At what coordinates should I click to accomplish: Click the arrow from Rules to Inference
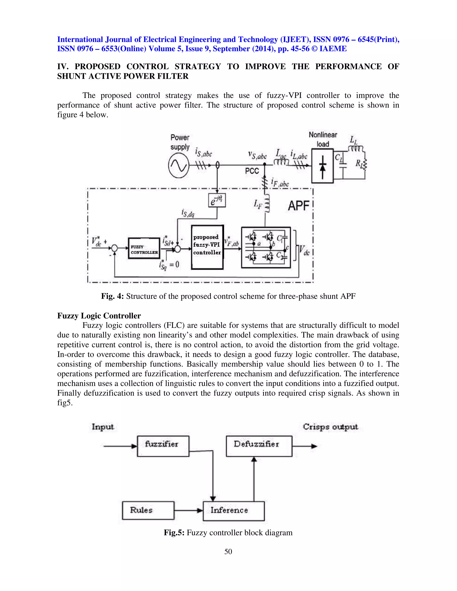tap(188, 510)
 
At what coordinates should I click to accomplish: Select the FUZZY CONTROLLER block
tap(144, 248)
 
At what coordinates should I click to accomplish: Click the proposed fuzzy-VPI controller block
tap(207, 247)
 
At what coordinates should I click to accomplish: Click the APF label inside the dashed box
tap(298, 206)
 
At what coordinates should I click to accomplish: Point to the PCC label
tap(252, 171)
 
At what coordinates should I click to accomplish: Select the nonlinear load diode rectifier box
tap(322, 166)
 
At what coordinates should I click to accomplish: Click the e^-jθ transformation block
tap(217, 200)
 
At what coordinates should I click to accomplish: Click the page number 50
tap(228, 551)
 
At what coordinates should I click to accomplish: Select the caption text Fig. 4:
tap(112, 296)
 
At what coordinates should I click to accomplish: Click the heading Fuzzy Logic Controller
tap(99, 316)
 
